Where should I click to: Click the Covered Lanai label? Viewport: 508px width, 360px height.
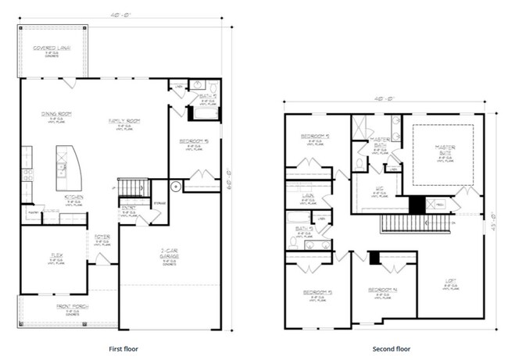52,48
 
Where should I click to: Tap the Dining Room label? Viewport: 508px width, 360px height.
56,115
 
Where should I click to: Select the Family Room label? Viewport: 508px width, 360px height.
123,121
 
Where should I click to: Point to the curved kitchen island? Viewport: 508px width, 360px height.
66,162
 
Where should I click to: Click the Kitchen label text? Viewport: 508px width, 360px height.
73,198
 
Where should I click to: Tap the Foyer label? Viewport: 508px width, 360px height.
102,237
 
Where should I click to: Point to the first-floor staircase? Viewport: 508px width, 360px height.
134,187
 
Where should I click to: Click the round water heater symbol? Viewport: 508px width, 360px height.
176,187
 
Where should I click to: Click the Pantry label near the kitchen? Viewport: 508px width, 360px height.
34,212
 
